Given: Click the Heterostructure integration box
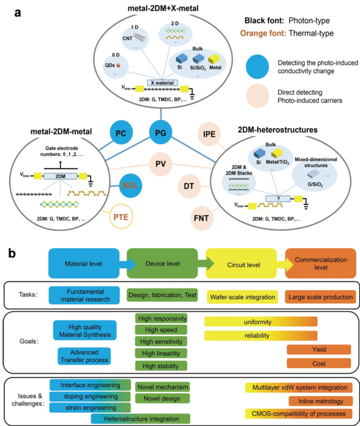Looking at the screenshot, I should pos(139,418).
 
